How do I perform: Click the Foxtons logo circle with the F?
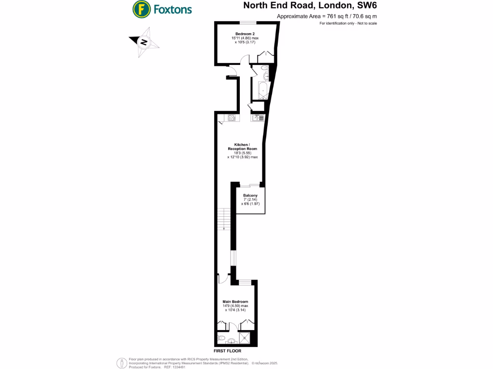coord(141,9)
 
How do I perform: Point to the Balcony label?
coord(250,195)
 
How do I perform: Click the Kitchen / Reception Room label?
coord(242,147)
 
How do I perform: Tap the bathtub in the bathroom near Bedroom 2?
coord(262,90)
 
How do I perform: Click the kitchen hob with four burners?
coord(231,118)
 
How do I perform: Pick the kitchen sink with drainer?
coord(258,118)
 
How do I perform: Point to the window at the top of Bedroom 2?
coord(248,23)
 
